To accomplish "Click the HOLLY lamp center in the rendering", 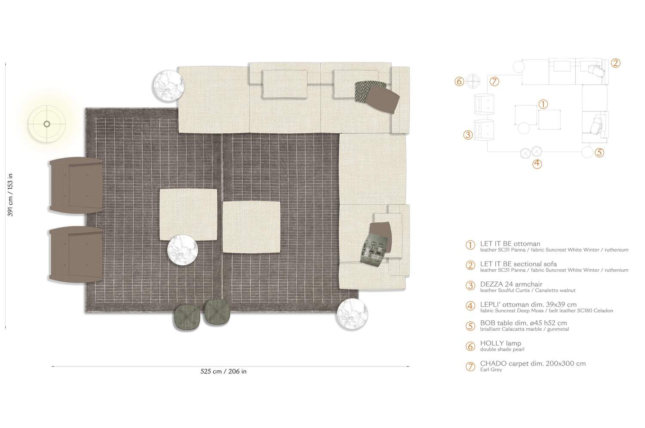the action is (46, 124).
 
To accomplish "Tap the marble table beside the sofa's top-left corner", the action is (169, 86).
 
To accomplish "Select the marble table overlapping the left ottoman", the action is (183, 250).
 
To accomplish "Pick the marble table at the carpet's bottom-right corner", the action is (353, 314).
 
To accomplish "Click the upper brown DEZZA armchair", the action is (76, 185).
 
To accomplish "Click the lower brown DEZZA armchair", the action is (76, 255).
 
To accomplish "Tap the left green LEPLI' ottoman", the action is (187, 317).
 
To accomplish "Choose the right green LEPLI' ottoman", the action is (217, 312).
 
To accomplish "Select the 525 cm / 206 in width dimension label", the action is (224, 371).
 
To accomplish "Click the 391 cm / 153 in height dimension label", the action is (10, 195).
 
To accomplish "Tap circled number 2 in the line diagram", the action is (615, 63).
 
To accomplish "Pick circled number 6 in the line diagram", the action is (459, 81).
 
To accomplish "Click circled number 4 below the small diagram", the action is (537, 164).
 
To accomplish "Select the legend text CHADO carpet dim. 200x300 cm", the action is (533, 363).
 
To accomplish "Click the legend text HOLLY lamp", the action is (501, 343).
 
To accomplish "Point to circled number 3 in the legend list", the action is (470, 286).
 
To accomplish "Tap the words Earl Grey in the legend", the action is (491, 369).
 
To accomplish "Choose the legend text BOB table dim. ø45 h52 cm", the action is (523, 323).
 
